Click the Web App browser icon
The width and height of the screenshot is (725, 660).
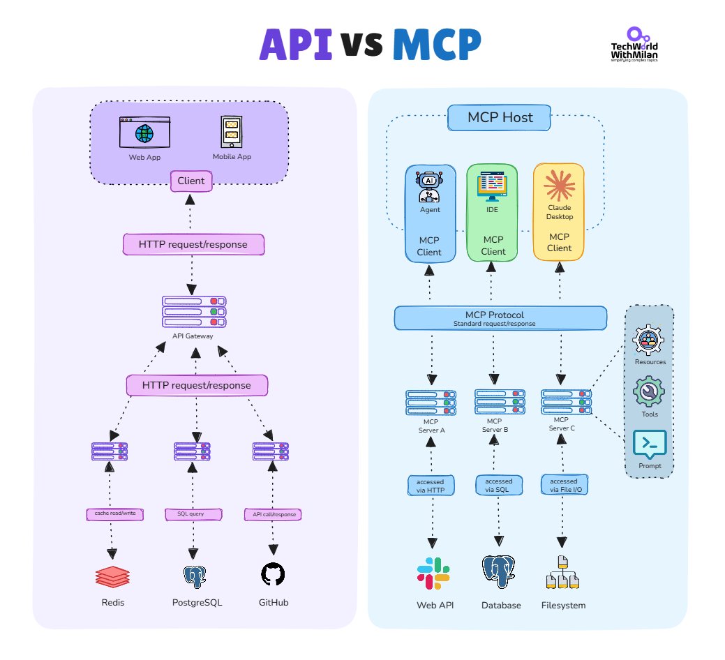[144, 133]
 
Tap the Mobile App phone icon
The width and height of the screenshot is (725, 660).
[231, 131]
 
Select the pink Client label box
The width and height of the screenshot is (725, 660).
[190, 181]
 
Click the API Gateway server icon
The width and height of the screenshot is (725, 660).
[194, 312]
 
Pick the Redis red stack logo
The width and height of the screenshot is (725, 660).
[112, 576]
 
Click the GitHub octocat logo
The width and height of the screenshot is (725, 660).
[273, 574]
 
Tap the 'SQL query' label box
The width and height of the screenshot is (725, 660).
[193, 514]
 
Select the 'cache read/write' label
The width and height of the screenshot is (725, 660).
[115, 514]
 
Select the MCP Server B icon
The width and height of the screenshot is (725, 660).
[495, 403]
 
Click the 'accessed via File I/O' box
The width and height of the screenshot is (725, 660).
[564, 486]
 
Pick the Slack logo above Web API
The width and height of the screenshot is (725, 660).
[434, 574]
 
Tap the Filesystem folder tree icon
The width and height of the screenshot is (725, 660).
[562, 573]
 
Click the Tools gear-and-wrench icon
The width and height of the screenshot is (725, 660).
[649, 392]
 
